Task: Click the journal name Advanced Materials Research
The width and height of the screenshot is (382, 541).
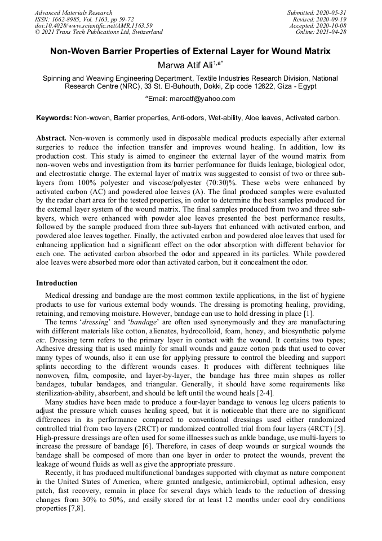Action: [73, 12]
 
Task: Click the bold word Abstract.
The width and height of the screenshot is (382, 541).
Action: [51, 138]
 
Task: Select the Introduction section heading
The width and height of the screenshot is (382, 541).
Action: [57, 283]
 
